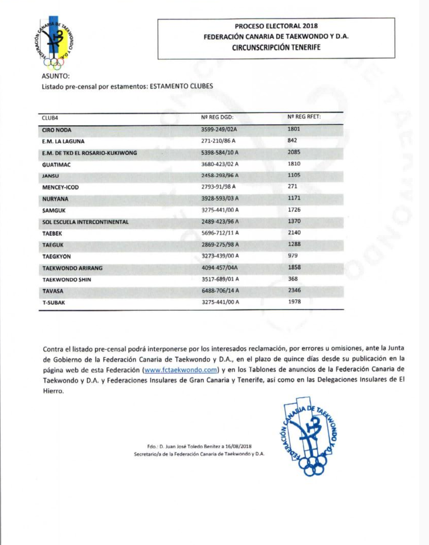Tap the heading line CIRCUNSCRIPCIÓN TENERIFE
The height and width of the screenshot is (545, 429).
[x=276, y=47]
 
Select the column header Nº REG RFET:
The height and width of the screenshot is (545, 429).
[x=304, y=117]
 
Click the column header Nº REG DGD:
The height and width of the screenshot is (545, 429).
[x=217, y=117]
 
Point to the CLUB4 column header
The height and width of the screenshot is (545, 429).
[x=50, y=118]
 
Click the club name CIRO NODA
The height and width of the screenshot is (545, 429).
[x=56, y=130]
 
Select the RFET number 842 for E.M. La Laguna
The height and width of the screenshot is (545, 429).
[x=292, y=141]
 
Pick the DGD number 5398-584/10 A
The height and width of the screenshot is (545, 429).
[x=220, y=152]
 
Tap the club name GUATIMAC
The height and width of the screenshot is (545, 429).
[x=56, y=165]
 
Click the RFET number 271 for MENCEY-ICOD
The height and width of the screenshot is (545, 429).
[x=292, y=186]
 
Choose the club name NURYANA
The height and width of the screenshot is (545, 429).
[x=55, y=199]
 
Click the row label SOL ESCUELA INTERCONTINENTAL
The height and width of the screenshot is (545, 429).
[x=85, y=222]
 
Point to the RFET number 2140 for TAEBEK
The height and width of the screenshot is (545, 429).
[x=294, y=232]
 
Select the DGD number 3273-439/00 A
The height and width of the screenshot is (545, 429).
[x=220, y=256]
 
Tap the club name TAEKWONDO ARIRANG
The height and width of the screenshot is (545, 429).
[x=72, y=268]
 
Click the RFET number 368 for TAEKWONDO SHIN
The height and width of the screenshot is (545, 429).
[x=293, y=279]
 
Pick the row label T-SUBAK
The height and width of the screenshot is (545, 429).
[x=54, y=303]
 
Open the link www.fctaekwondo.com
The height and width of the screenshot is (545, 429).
[x=181, y=370]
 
